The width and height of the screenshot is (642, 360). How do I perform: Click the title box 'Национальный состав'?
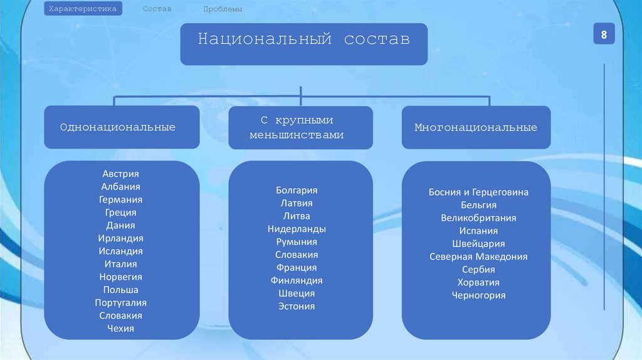point(304,44)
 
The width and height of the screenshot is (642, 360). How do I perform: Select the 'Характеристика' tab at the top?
point(83,9)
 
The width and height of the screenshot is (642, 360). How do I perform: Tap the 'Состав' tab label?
point(157,9)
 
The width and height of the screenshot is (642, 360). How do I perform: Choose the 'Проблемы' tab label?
point(223,9)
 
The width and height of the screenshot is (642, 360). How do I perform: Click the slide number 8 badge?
point(604,35)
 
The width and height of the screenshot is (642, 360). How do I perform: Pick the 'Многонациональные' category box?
point(476,127)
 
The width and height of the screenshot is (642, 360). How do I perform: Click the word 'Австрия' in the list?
point(120,174)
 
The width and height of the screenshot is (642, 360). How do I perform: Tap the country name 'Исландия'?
point(120,251)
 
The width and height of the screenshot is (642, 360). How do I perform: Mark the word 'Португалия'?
point(120,302)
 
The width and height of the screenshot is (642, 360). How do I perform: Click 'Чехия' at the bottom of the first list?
point(120,328)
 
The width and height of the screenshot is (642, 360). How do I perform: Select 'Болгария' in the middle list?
point(297,190)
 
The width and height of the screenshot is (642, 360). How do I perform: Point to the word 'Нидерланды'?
point(297,229)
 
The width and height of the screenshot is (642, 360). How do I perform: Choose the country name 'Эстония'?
point(297,306)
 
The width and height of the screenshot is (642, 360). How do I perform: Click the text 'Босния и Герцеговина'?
point(478,192)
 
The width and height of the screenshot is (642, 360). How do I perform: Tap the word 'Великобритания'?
point(478,218)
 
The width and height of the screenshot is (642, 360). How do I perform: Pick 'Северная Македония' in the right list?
point(478,257)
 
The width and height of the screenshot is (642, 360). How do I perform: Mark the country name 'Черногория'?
point(478,295)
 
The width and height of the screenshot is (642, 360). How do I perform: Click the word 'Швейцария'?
point(478,243)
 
